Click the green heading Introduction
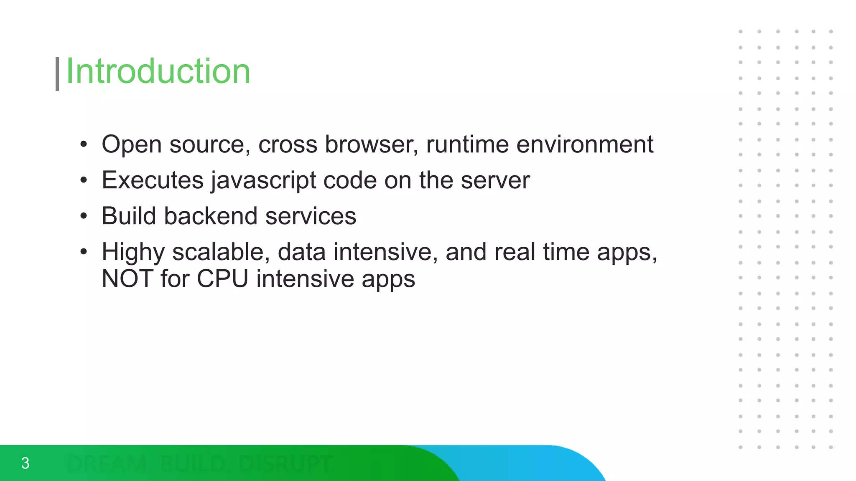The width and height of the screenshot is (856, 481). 158,71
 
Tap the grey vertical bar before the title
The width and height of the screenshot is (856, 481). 57,74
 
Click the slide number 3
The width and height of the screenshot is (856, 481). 25,463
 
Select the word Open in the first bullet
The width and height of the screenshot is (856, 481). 131,145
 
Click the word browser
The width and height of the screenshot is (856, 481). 371,144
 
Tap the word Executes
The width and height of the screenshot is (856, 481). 153,180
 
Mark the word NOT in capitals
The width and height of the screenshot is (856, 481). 127,279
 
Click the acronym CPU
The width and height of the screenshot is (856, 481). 222,279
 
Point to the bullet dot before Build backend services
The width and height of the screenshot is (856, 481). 84,216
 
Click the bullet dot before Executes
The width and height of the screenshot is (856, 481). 84,180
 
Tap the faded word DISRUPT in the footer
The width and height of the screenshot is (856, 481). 286,464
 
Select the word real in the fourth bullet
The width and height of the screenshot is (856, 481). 515,252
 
